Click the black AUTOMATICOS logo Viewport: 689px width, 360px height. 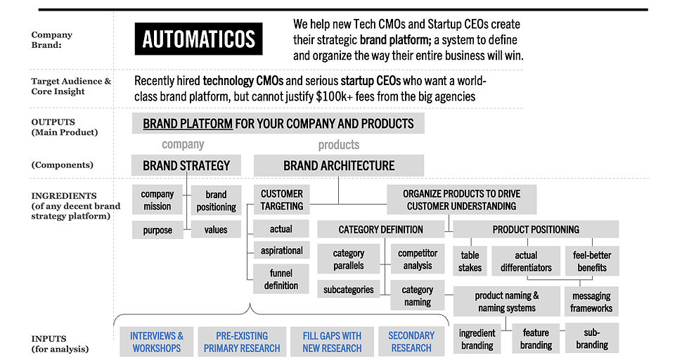[x=198, y=39]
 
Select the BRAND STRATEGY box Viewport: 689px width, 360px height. [x=186, y=165]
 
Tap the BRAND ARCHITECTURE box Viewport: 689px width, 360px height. [x=339, y=165]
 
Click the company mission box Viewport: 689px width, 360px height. [x=157, y=200]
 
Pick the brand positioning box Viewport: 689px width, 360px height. [x=217, y=200]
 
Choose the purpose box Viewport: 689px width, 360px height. [x=157, y=230]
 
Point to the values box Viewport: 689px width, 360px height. [x=216, y=229]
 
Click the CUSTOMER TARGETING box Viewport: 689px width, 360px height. [x=282, y=200]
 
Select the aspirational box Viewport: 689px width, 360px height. [x=282, y=250]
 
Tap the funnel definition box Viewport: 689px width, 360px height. [x=281, y=279]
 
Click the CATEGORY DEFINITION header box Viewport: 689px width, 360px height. [x=381, y=229]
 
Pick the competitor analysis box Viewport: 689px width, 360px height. [x=418, y=259]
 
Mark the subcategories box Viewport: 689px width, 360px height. [x=349, y=289]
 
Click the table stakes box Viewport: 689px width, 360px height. [x=470, y=261]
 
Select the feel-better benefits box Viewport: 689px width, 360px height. [x=592, y=261]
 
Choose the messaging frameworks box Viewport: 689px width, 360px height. [x=591, y=302]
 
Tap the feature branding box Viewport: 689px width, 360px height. [x=536, y=338]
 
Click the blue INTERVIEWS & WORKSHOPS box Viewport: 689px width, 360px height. [x=156, y=342]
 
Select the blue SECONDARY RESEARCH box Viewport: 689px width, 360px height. [x=411, y=342]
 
